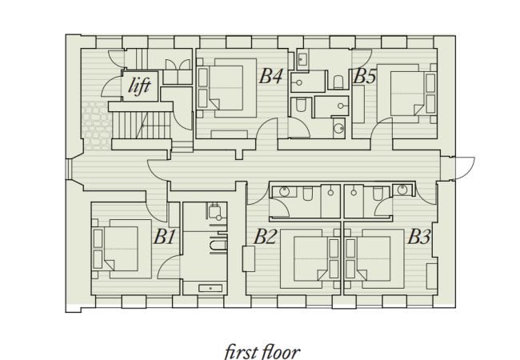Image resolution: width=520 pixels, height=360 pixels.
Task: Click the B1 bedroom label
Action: [x=164, y=237]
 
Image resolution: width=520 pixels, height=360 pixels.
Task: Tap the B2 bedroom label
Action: [x=266, y=237]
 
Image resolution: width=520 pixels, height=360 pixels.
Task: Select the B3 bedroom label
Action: [x=419, y=237]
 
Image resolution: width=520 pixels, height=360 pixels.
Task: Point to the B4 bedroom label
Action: [x=270, y=77]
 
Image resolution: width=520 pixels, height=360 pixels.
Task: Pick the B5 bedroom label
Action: [x=365, y=77]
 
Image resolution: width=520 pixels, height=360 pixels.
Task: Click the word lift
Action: [x=140, y=86]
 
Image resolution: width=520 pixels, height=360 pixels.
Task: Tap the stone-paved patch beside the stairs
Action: [x=94, y=128]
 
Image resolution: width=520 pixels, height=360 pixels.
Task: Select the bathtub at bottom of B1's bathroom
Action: [x=204, y=286]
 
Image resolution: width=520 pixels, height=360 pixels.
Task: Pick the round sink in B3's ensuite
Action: [x=402, y=190]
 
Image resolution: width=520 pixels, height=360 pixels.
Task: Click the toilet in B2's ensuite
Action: [x=308, y=192]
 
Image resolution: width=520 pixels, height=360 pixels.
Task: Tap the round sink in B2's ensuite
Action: [x=283, y=190]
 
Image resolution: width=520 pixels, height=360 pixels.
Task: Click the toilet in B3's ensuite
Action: [x=376, y=192]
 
